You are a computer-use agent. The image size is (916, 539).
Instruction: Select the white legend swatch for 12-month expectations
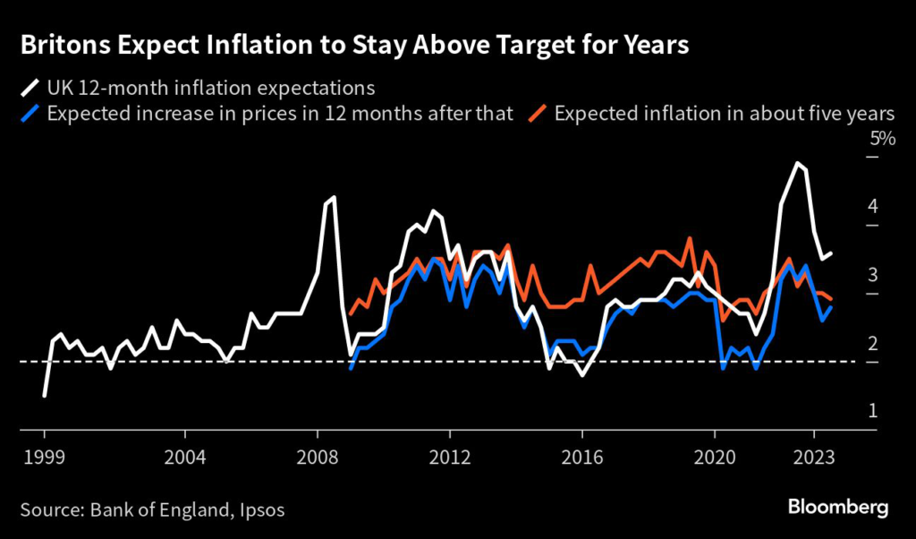(x=30, y=88)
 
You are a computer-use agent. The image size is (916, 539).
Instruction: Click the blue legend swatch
(x=30, y=114)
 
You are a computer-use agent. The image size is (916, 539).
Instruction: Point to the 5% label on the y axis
(x=882, y=139)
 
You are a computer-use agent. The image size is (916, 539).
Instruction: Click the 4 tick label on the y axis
(x=873, y=207)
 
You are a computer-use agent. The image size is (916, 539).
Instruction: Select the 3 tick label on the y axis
(x=873, y=275)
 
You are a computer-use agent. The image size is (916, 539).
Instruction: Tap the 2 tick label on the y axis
(x=873, y=344)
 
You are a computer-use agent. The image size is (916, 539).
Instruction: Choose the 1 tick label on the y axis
(x=873, y=411)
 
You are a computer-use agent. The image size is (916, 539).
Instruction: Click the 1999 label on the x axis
(x=44, y=454)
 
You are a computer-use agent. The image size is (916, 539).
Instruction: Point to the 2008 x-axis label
(x=318, y=454)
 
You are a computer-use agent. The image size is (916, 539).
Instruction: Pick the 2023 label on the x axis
(x=815, y=454)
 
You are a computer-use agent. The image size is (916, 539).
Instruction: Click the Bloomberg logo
(x=837, y=508)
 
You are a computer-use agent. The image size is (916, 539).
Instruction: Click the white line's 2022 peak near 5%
(x=797, y=164)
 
